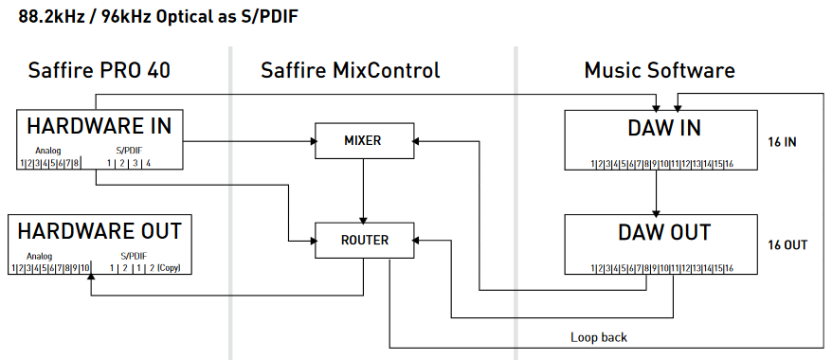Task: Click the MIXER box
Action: pos(364,141)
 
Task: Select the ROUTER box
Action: pos(364,241)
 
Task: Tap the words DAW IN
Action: pos(664,128)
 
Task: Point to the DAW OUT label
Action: pos(664,232)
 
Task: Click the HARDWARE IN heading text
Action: pos(99,126)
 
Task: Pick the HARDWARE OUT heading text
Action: pos(99,231)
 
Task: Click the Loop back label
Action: pos(599,337)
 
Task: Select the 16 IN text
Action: pos(782,142)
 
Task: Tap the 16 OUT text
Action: pos(787,245)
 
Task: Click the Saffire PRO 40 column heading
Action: pos(99,70)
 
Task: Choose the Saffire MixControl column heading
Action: pos(351,70)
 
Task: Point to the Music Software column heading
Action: pos(660,70)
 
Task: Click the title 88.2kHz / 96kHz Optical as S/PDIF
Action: pos(158,17)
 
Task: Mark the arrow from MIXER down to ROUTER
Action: pos(364,190)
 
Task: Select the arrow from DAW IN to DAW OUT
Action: pos(657,192)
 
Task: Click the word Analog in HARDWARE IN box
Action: pos(48,151)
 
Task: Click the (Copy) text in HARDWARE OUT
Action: pos(169,268)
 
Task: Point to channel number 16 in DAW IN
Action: pos(729,164)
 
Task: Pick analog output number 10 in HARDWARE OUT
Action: pos(85,268)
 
